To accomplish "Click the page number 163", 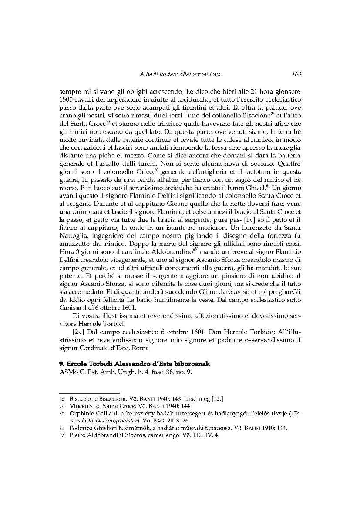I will pos(296,74).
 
